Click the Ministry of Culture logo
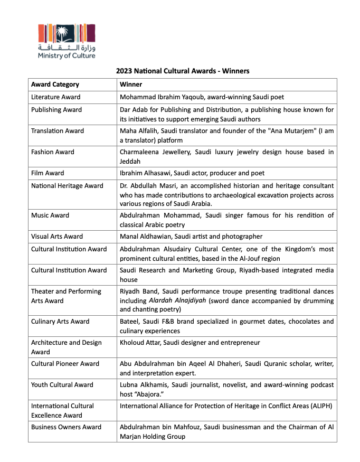pyautogui.click(x=66, y=41)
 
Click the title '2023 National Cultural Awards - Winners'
pyautogui.click(x=183, y=71)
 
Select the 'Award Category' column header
pyautogui.click(x=55, y=84)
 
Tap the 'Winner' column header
pyautogui.click(x=131, y=84)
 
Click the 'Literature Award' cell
pyautogui.click(x=56, y=97)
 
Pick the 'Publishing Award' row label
pyautogui.click(x=56, y=110)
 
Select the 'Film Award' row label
pyautogui.click(x=48, y=173)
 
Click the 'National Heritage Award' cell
pyautogui.click(x=67, y=186)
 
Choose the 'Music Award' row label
pyautogui.click(x=50, y=215)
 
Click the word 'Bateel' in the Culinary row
pyautogui.click(x=129, y=322)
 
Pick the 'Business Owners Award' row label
pyautogui.click(x=66, y=427)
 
